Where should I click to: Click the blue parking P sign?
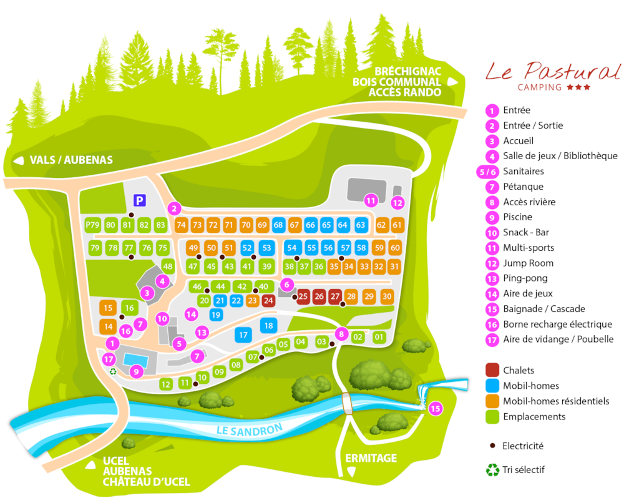[x=139, y=200]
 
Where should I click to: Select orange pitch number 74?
[x=181, y=225]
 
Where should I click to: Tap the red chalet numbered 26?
[x=319, y=296]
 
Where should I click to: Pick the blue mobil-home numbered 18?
[x=268, y=325]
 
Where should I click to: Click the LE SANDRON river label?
[x=250, y=429]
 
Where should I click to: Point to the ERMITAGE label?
[x=371, y=458]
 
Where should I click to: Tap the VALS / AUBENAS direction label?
[x=71, y=160]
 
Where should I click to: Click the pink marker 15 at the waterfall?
[x=436, y=408]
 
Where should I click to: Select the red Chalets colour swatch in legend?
[x=492, y=370]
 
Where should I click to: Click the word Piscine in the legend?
[x=517, y=217]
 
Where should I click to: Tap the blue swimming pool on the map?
[x=136, y=359]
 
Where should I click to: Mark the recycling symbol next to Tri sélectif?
[x=492, y=470]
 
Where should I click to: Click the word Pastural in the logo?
[x=572, y=71]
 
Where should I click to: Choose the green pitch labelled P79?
[x=92, y=225]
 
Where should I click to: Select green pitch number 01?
[x=379, y=337]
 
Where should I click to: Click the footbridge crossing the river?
[x=347, y=403]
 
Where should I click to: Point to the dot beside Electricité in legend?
[x=493, y=446]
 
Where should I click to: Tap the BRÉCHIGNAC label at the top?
[x=408, y=71]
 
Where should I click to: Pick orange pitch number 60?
[x=395, y=247]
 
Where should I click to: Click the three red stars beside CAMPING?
[x=578, y=87]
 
